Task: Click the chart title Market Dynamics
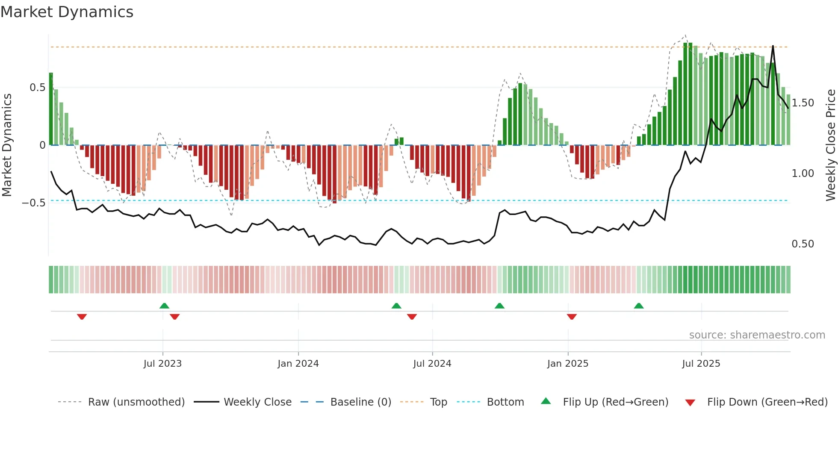[x=67, y=12]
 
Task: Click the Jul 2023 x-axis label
[x=162, y=364]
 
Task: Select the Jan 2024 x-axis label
[x=298, y=364]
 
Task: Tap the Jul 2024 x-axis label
[x=432, y=364]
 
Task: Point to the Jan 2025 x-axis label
[x=567, y=364]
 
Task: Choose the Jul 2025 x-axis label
[x=701, y=364]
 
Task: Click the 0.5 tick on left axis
[x=37, y=88]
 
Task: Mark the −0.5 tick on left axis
[x=33, y=203]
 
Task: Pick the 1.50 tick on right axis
[x=803, y=103]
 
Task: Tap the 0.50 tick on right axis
[x=803, y=244]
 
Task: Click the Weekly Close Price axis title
[x=830, y=145]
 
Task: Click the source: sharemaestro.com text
[x=757, y=335]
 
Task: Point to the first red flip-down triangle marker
[x=82, y=317]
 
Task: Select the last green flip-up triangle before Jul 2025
[x=638, y=306]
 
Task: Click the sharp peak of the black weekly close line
[x=773, y=46]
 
